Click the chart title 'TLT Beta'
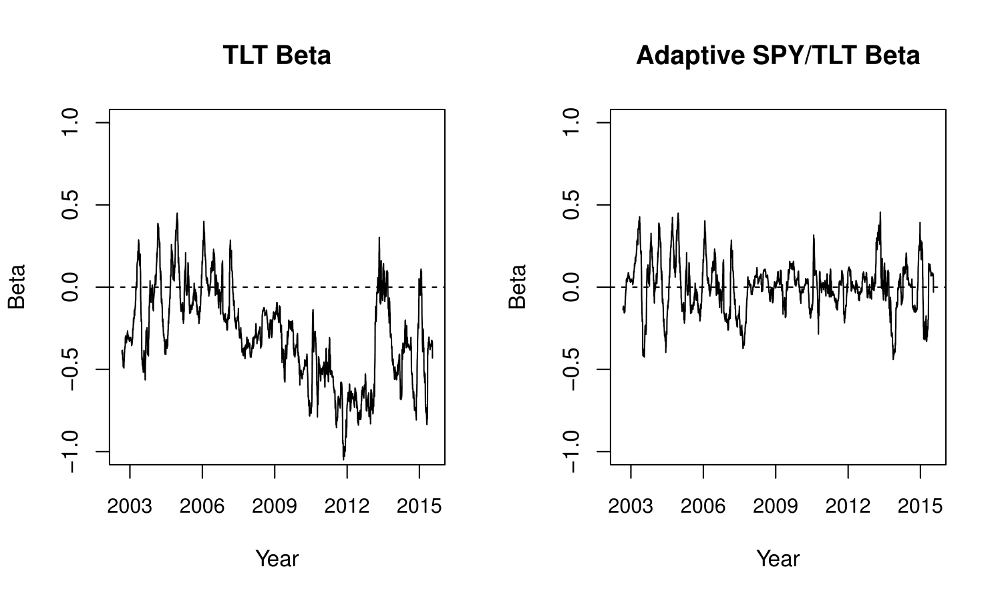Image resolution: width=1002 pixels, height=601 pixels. coord(277,55)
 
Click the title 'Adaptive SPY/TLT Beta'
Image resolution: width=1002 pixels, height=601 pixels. coord(778,55)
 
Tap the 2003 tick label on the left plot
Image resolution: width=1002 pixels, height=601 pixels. coord(130,506)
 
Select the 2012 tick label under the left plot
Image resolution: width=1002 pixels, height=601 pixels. coord(347,506)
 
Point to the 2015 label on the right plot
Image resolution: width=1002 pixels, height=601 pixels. coord(920,506)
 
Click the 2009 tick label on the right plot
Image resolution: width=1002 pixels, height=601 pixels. coord(775,506)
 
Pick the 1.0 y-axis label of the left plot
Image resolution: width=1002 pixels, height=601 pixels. coord(70,123)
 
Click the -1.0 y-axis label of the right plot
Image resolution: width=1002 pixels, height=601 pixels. coord(571,451)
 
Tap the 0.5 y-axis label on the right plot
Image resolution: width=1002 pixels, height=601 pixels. coord(571,205)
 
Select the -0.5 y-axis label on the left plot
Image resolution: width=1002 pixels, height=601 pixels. coord(70,369)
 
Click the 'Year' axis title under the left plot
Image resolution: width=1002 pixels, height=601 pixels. coord(277,558)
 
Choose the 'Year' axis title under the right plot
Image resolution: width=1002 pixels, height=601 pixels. coord(778,558)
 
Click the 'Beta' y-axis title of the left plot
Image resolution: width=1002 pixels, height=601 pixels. coord(17,287)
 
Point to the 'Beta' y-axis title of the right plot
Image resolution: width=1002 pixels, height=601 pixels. coord(518,287)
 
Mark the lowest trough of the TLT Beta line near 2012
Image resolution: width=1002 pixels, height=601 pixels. coord(344,459)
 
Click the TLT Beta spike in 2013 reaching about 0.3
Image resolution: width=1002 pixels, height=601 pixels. coord(379,238)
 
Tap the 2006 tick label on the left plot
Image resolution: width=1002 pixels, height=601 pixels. coord(202,506)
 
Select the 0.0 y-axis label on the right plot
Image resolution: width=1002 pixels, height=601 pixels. coord(571,287)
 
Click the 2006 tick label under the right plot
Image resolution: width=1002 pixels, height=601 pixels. coord(703,506)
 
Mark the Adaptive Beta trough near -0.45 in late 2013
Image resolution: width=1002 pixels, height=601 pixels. coord(893,359)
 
